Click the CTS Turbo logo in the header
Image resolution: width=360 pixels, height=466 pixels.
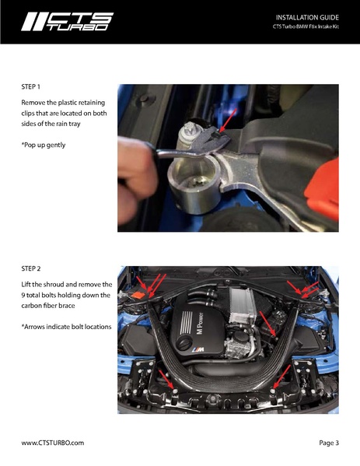click(67, 22)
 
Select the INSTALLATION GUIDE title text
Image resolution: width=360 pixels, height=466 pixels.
click(307, 17)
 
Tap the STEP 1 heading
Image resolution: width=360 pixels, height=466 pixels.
click(30, 87)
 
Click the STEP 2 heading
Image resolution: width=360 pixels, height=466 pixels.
click(31, 268)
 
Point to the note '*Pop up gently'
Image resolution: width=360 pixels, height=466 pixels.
click(44, 145)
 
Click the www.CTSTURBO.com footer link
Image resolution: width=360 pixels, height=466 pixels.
click(53, 443)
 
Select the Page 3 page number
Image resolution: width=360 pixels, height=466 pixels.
click(329, 443)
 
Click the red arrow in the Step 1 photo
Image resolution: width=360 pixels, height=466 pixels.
click(228, 121)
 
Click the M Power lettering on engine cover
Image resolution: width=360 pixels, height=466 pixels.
click(200, 324)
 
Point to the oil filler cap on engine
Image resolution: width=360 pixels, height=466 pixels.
click(183, 344)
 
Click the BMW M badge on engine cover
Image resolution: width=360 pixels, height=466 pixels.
click(197, 350)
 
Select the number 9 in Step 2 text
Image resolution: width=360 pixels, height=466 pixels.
click(23, 295)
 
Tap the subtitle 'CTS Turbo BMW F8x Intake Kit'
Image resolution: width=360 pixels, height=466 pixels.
click(306, 26)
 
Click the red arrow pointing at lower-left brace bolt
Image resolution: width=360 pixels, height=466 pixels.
click(166, 379)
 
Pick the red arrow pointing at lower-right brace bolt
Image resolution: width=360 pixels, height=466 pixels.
click(281, 377)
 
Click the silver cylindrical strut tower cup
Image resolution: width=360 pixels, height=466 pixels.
click(194, 184)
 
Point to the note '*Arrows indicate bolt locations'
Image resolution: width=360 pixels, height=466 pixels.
click(66, 327)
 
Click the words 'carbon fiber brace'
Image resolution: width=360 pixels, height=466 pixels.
click(48, 306)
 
